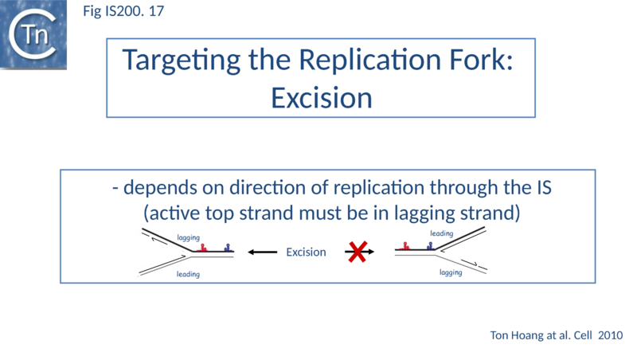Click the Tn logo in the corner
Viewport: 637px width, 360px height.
click(33, 33)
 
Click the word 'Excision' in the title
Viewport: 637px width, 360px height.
click(322, 97)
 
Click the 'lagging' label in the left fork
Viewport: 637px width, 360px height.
click(189, 238)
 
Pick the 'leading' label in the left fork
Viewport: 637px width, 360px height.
click(188, 274)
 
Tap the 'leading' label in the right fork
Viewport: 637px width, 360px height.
click(441, 233)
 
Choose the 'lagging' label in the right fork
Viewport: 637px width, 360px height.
click(451, 272)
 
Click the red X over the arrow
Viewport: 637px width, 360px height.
click(358, 252)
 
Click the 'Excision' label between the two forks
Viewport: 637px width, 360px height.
click(307, 252)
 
